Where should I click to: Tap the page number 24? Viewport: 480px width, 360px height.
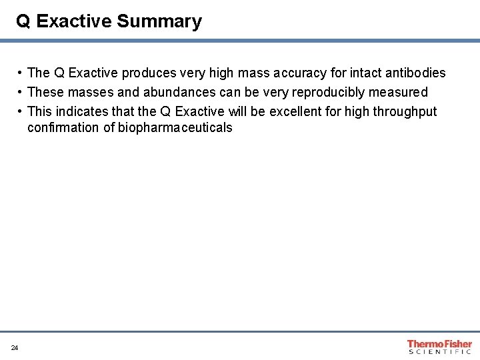(x=15, y=347)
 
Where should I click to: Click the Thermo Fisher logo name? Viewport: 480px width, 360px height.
(x=439, y=344)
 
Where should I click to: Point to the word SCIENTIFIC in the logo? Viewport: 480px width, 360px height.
(x=439, y=351)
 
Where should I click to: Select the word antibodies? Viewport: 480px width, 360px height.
(x=414, y=73)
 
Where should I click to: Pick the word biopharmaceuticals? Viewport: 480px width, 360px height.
(x=175, y=127)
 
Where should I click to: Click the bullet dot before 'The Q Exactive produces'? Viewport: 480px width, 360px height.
(x=21, y=73)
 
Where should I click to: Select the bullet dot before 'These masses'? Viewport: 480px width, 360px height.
(x=21, y=91)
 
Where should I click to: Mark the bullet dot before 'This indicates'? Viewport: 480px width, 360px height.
(x=21, y=111)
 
